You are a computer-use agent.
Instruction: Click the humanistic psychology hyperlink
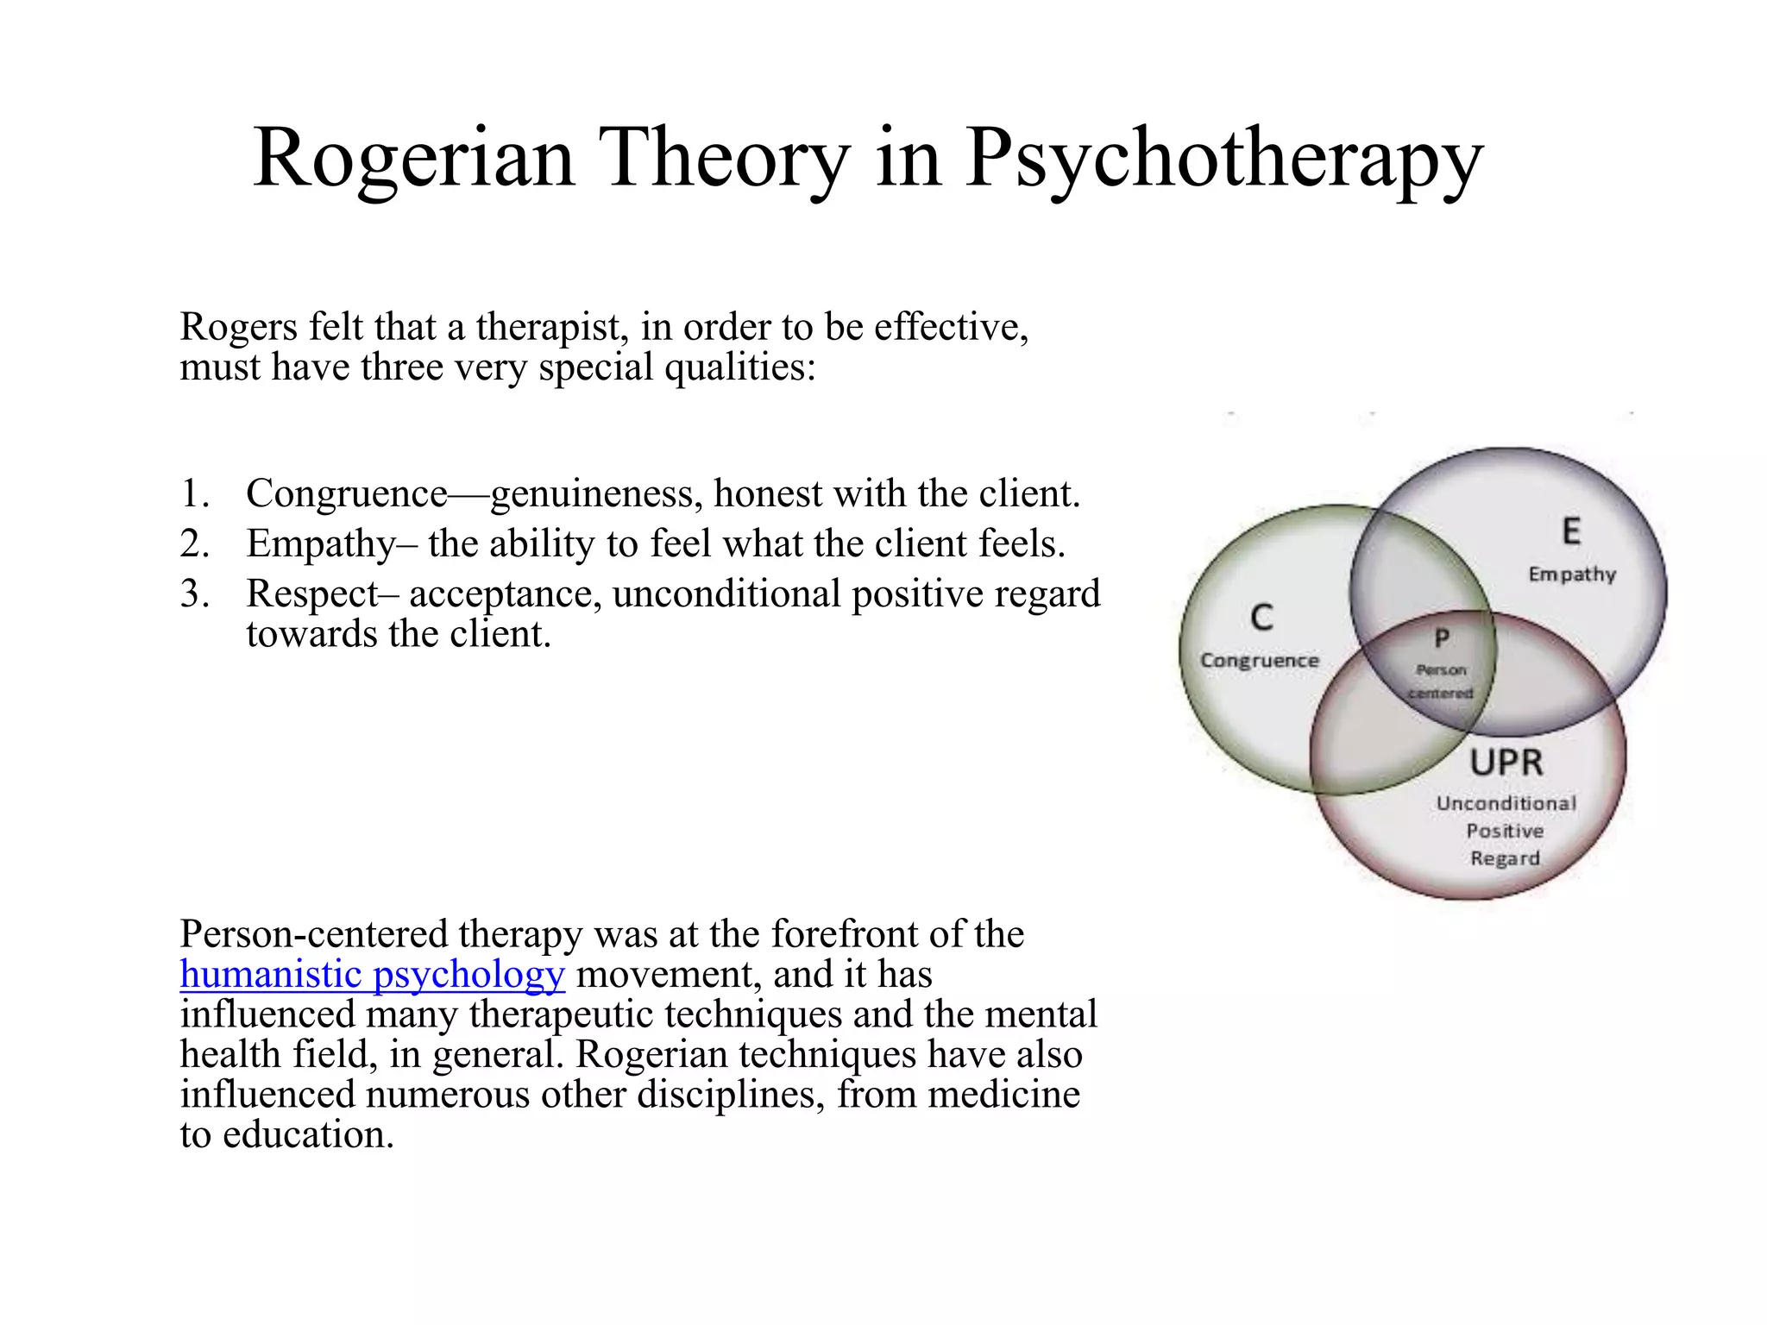[373, 974]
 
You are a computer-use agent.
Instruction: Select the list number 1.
[194, 493]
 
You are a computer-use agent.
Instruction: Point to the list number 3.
[194, 593]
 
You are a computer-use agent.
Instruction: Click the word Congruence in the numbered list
[347, 494]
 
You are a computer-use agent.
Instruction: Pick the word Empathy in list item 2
[321, 544]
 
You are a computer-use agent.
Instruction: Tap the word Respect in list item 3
[312, 594]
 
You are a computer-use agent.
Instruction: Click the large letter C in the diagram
[1261, 618]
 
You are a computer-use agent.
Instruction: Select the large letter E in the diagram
[1571, 531]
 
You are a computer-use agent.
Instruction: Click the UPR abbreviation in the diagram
[1506, 763]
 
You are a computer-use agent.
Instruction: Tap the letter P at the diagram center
[1442, 638]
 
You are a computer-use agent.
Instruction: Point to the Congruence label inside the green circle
[1260, 661]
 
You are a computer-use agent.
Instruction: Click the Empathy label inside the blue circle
[1572, 575]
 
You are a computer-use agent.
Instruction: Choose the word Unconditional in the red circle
[1506, 803]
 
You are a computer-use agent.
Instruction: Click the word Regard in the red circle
[1505, 858]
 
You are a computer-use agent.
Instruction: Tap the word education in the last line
[308, 1134]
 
